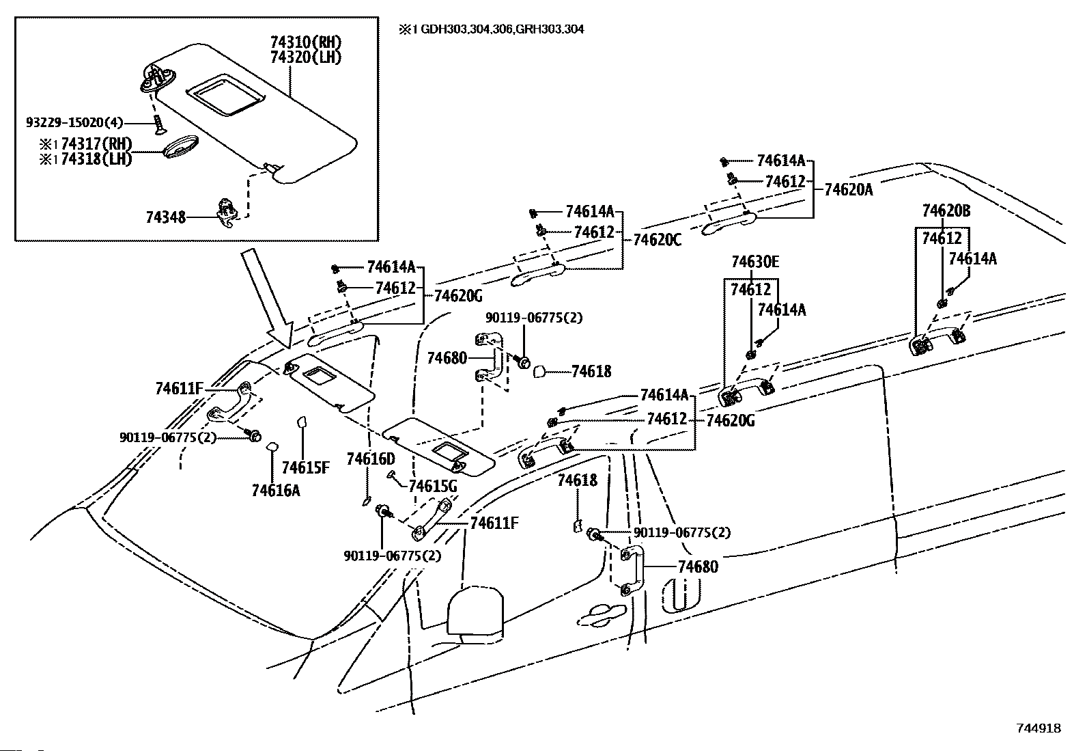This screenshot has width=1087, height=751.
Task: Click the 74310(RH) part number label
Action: pos(306,42)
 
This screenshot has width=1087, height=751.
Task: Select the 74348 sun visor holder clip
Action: pos(227,213)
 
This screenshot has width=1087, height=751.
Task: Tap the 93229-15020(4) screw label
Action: pos(74,122)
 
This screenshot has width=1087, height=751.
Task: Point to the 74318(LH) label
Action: pos(96,159)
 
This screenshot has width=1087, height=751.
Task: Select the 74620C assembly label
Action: pos(657,240)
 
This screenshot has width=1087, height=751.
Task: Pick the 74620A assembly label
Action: pos(848,189)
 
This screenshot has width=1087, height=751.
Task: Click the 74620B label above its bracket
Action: pos(946,211)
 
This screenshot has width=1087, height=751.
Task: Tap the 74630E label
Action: pos(755,262)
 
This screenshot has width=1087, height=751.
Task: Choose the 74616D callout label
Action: pos(371,459)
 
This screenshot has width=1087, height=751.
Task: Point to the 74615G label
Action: pos(433,486)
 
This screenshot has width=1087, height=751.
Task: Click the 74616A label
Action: pos(276,491)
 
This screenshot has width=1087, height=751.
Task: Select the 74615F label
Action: pos(306,467)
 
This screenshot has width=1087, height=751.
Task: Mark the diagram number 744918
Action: pos(1039,728)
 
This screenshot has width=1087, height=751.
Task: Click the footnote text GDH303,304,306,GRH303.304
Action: pos(503,29)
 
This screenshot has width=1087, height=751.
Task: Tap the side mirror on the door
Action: pos(475,613)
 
